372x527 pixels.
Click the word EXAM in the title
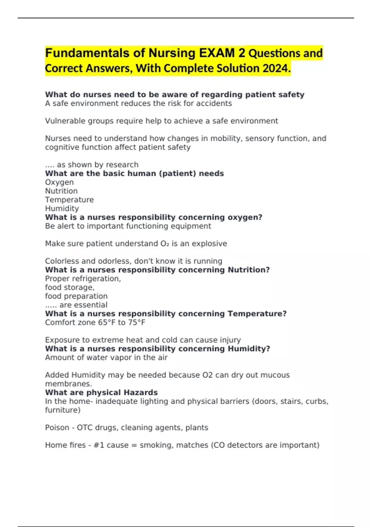point(217,53)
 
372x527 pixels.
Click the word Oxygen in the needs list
point(59,182)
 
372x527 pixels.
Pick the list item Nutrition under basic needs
point(61,191)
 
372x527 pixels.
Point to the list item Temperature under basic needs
point(69,200)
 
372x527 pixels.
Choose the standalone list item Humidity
point(62,209)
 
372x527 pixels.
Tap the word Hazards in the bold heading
point(140,392)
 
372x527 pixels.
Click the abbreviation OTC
point(85,427)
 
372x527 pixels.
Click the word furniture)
point(63,410)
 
